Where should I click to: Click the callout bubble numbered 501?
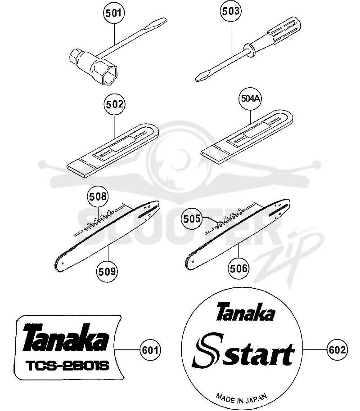click(113, 13)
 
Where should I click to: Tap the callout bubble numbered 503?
click(231, 11)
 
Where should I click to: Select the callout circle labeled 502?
click(115, 104)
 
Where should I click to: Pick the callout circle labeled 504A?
click(250, 98)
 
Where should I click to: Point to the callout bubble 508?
click(98, 197)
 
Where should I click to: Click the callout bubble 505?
click(192, 219)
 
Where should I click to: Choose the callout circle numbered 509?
click(107, 271)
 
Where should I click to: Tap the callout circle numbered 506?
click(238, 268)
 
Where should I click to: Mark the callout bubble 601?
click(150, 350)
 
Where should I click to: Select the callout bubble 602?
click(337, 350)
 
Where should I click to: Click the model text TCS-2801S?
click(67, 366)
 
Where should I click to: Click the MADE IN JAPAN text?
click(241, 398)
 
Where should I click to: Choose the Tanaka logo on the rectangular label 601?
click(66, 338)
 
